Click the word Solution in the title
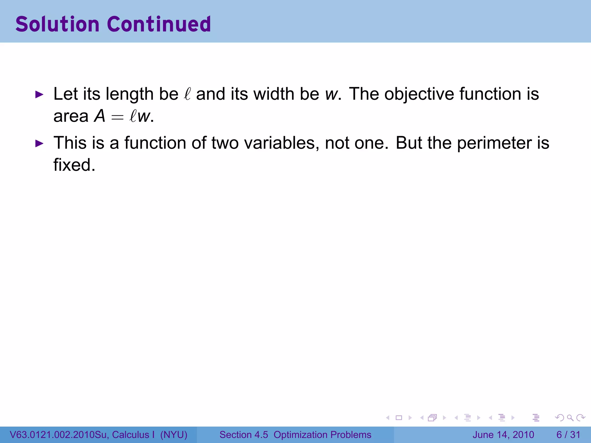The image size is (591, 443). point(57,24)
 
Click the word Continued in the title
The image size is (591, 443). point(159,24)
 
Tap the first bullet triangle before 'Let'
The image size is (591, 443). point(39,94)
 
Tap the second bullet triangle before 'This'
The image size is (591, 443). point(39,143)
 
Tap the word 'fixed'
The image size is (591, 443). point(74,165)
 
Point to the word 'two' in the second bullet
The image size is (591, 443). point(225,143)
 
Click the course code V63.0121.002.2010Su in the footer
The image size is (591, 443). point(59,435)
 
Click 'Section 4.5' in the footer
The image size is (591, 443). point(244,435)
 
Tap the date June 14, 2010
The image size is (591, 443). point(503,435)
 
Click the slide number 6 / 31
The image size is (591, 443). point(568,435)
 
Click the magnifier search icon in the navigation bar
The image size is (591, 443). point(570,418)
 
